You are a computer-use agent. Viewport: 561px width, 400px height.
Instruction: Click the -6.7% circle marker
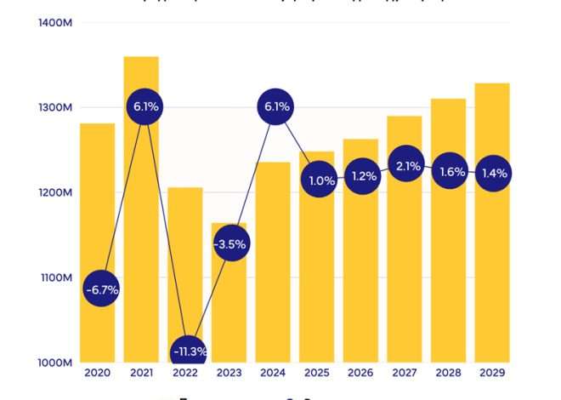pos(101,289)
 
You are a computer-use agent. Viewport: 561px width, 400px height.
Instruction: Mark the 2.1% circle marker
pos(407,166)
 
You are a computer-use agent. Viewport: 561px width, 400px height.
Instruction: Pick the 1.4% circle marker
pos(494,174)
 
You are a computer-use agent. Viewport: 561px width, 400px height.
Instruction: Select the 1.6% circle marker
pos(450,172)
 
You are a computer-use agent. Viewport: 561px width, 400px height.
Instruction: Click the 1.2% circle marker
pos(363,177)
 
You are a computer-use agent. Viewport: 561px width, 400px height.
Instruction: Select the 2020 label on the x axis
pos(98,374)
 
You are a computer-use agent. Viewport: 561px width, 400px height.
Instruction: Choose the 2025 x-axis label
pos(316,374)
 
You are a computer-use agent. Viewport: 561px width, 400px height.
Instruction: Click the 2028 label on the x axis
pos(448,374)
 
